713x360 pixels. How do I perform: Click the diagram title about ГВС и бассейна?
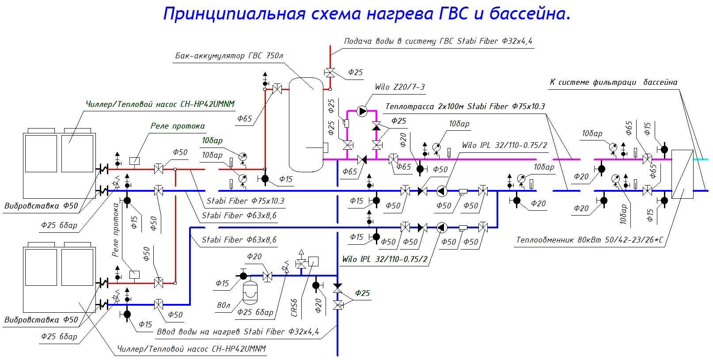click(x=367, y=14)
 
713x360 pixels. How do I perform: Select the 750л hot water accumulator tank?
click(x=306, y=125)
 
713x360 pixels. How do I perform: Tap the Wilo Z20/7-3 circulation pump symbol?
click(x=362, y=111)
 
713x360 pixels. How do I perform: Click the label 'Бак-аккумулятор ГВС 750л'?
click(x=229, y=56)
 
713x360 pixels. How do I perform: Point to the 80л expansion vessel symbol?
click(x=250, y=292)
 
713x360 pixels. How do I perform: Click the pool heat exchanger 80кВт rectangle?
click(x=682, y=174)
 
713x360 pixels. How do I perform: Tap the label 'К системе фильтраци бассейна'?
click(x=613, y=82)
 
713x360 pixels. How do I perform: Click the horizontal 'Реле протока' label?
click(x=178, y=126)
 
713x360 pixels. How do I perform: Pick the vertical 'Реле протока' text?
click(x=116, y=230)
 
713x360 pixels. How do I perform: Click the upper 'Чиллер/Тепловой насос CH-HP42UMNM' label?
click(x=160, y=104)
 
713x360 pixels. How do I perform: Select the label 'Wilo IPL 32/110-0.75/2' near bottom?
click(x=385, y=259)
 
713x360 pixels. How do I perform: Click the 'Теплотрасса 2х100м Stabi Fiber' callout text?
click(x=465, y=106)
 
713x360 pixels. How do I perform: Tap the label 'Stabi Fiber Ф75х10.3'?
click(x=245, y=201)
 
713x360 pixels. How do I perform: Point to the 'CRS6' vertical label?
click(x=294, y=307)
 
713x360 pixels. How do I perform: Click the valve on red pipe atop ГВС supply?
click(x=330, y=72)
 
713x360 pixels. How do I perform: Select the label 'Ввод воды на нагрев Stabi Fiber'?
click(x=238, y=332)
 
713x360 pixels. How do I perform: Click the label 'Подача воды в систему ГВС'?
click(x=438, y=41)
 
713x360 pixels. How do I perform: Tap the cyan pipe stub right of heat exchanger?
click(x=701, y=159)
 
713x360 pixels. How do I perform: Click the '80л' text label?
click(x=224, y=305)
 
